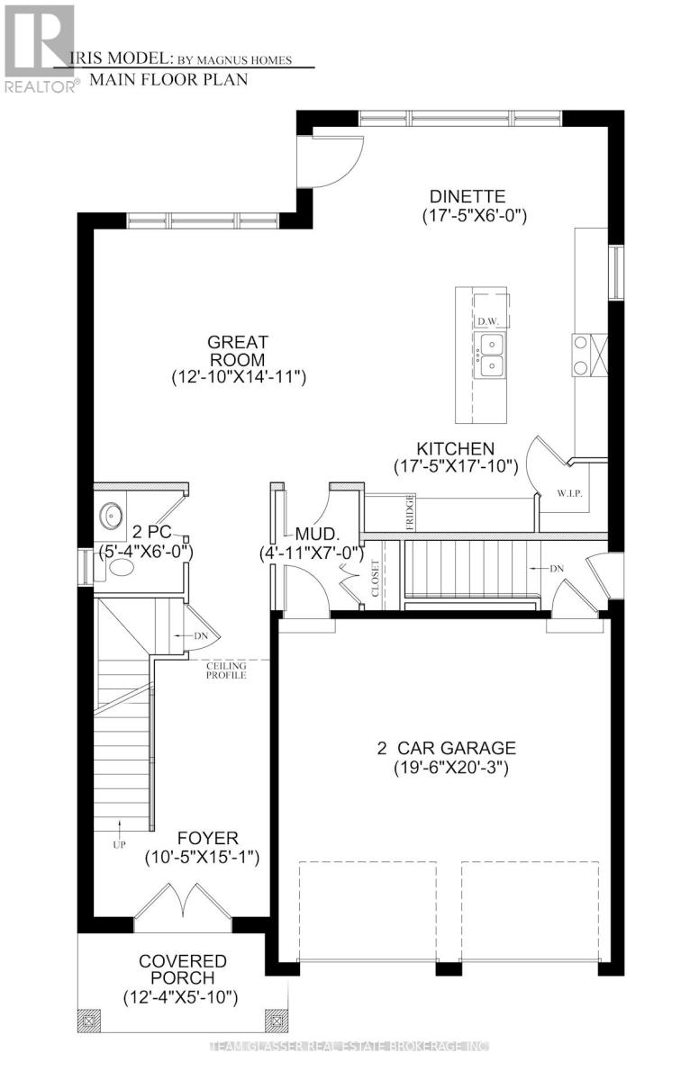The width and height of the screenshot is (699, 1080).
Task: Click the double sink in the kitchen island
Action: click(490, 354)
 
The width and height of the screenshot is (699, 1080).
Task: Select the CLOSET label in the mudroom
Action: click(374, 583)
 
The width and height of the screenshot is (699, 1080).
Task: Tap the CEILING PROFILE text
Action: click(223, 670)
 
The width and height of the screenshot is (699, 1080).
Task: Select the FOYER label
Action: click(201, 838)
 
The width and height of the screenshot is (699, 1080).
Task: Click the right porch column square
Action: click(272, 1020)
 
